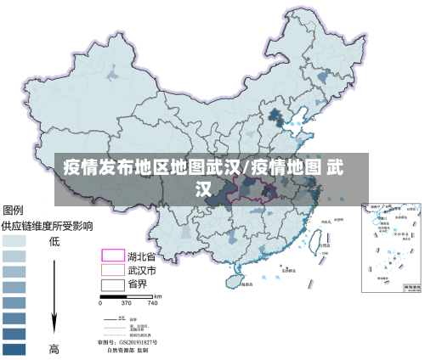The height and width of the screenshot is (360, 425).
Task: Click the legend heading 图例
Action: coord(14,211)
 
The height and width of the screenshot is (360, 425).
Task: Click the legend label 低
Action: coord(54,241)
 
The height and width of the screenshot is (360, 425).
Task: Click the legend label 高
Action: coord(54,348)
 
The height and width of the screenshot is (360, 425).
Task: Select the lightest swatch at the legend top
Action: coord(14,241)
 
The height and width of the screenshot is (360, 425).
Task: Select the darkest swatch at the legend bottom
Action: coord(14,348)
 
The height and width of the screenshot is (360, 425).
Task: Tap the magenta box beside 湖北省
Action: coord(113,256)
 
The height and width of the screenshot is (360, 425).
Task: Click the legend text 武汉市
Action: coord(141,270)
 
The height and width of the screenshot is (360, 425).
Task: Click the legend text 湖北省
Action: coord(141,256)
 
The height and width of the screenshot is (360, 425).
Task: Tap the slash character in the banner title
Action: coord(247,167)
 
